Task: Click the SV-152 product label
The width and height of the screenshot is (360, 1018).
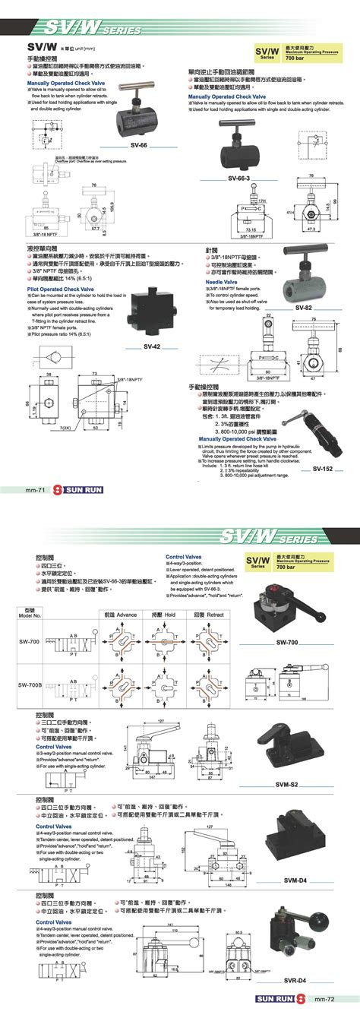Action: click(x=323, y=469)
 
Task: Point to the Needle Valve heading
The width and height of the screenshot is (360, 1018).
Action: click(x=221, y=282)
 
